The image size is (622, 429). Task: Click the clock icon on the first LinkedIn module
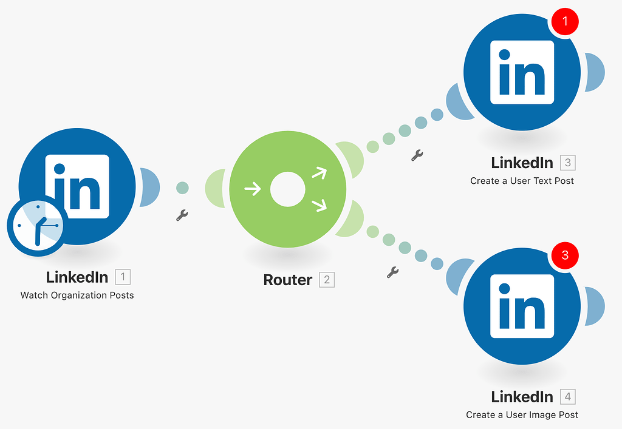37,225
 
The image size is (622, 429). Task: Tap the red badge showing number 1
565,22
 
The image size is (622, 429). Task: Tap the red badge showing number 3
565,255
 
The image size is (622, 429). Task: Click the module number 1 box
123,277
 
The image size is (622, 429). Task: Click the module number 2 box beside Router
327,280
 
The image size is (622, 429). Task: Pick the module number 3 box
567,163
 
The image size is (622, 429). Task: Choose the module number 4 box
567,397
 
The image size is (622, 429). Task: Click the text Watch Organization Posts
77,296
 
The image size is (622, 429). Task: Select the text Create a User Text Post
522,181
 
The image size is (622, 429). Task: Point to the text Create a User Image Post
522,415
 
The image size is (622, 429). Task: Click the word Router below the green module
288,280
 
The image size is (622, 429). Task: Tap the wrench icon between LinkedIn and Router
182,215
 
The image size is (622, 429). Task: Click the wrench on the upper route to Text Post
417,155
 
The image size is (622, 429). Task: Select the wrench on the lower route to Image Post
393,272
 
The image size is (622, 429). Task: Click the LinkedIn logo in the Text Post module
522,72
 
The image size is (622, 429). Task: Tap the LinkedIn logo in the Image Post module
522,306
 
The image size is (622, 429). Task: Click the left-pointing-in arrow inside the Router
252,189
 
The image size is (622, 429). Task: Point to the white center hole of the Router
287,189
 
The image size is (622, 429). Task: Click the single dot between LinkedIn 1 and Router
182,188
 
